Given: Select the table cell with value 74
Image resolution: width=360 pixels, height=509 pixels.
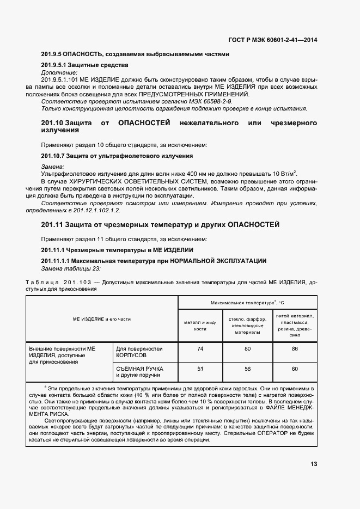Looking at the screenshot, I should pyautogui.click(x=200, y=349).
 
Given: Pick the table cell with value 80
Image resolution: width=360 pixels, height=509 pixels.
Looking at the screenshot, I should pyautogui.click(x=248, y=349).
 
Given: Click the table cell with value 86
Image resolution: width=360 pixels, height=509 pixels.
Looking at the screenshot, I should pyautogui.click(x=295, y=349).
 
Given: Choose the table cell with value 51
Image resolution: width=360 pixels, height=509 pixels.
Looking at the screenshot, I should pyautogui.click(x=200, y=369).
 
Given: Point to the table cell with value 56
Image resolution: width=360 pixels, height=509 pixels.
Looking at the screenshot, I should pyautogui.click(x=248, y=369).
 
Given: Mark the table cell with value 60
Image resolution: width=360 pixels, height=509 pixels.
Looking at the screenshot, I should pyautogui.click(x=295, y=369).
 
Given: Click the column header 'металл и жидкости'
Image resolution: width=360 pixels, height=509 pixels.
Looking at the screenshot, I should pyautogui.click(x=200, y=326).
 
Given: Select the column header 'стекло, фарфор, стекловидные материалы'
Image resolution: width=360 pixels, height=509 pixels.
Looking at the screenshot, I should pyautogui.click(x=248, y=326).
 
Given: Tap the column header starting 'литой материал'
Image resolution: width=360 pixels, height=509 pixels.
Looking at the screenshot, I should pyautogui.click(x=295, y=325).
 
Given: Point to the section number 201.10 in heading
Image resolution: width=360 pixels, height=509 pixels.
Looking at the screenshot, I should pyautogui.click(x=53, y=124).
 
